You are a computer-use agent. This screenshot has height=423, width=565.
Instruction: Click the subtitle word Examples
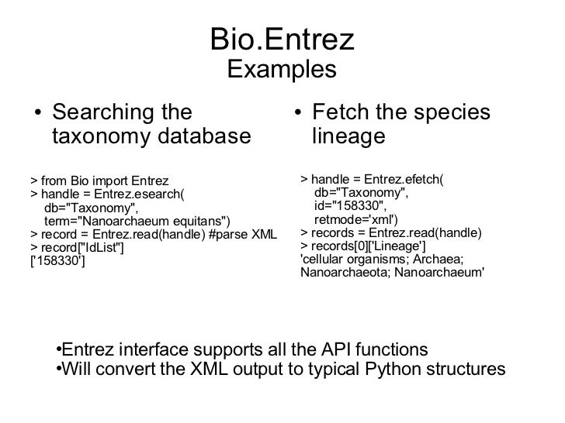click(282, 70)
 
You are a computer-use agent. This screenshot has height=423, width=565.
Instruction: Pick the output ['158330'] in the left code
click(57, 260)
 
